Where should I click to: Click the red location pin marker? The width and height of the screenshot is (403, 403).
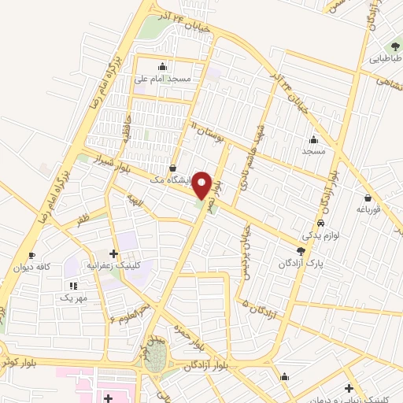[x=202, y=186]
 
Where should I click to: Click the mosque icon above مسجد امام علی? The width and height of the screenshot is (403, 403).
[x=162, y=66]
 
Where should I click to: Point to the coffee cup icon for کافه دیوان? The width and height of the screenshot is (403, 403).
[x=31, y=255]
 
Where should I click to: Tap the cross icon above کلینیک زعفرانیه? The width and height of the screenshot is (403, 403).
[x=114, y=253]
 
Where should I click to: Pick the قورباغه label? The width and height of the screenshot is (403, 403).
[x=368, y=209]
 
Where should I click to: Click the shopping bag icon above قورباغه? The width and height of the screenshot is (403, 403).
[x=368, y=197]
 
